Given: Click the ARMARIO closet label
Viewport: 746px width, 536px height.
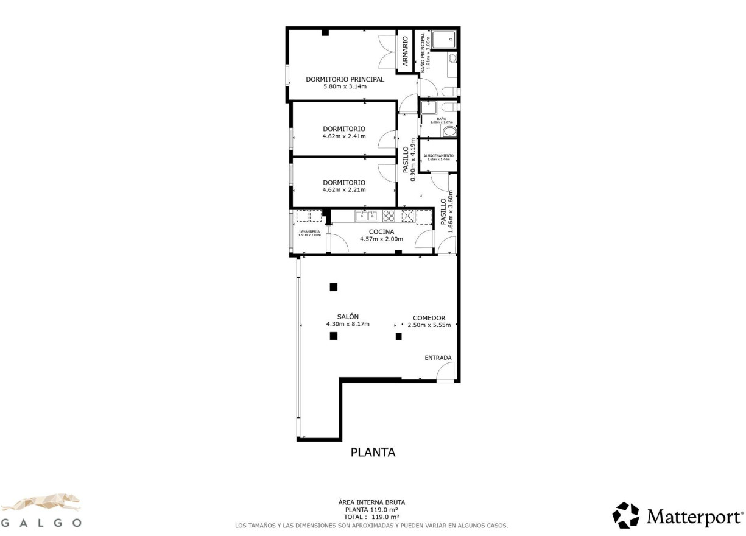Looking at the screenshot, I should [x=405, y=52].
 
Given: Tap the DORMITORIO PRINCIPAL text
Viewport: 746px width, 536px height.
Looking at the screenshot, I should [x=345, y=79].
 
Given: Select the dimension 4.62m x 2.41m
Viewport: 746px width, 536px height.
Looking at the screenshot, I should [x=344, y=136].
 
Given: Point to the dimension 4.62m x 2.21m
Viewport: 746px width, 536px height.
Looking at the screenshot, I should [x=344, y=190].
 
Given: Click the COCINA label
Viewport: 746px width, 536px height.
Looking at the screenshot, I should [x=381, y=231].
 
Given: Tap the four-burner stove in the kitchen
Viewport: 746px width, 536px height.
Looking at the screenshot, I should [x=389, y=215].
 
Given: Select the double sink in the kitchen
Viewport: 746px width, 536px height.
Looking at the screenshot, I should [x=367, y=215].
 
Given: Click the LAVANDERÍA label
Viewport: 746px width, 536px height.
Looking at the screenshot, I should [x=309, y=231].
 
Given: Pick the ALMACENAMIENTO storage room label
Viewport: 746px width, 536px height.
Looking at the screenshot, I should [x=438, y=155].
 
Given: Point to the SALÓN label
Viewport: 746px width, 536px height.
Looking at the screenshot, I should [x=348, y=316].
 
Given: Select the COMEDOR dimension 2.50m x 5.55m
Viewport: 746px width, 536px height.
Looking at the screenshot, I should [x=429, y=325].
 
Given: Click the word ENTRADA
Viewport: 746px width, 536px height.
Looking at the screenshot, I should [x=438, y=358].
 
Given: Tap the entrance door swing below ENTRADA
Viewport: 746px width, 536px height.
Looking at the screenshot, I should [x=446, y=371].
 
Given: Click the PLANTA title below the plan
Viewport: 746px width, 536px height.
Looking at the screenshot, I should [x=373, y=453].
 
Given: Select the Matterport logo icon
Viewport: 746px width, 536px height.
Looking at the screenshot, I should [x=626, y=515].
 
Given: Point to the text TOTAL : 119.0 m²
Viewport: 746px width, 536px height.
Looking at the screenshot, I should [x=371, y=517].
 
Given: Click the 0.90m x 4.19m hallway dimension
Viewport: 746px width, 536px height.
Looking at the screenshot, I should [x=413, y=160].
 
